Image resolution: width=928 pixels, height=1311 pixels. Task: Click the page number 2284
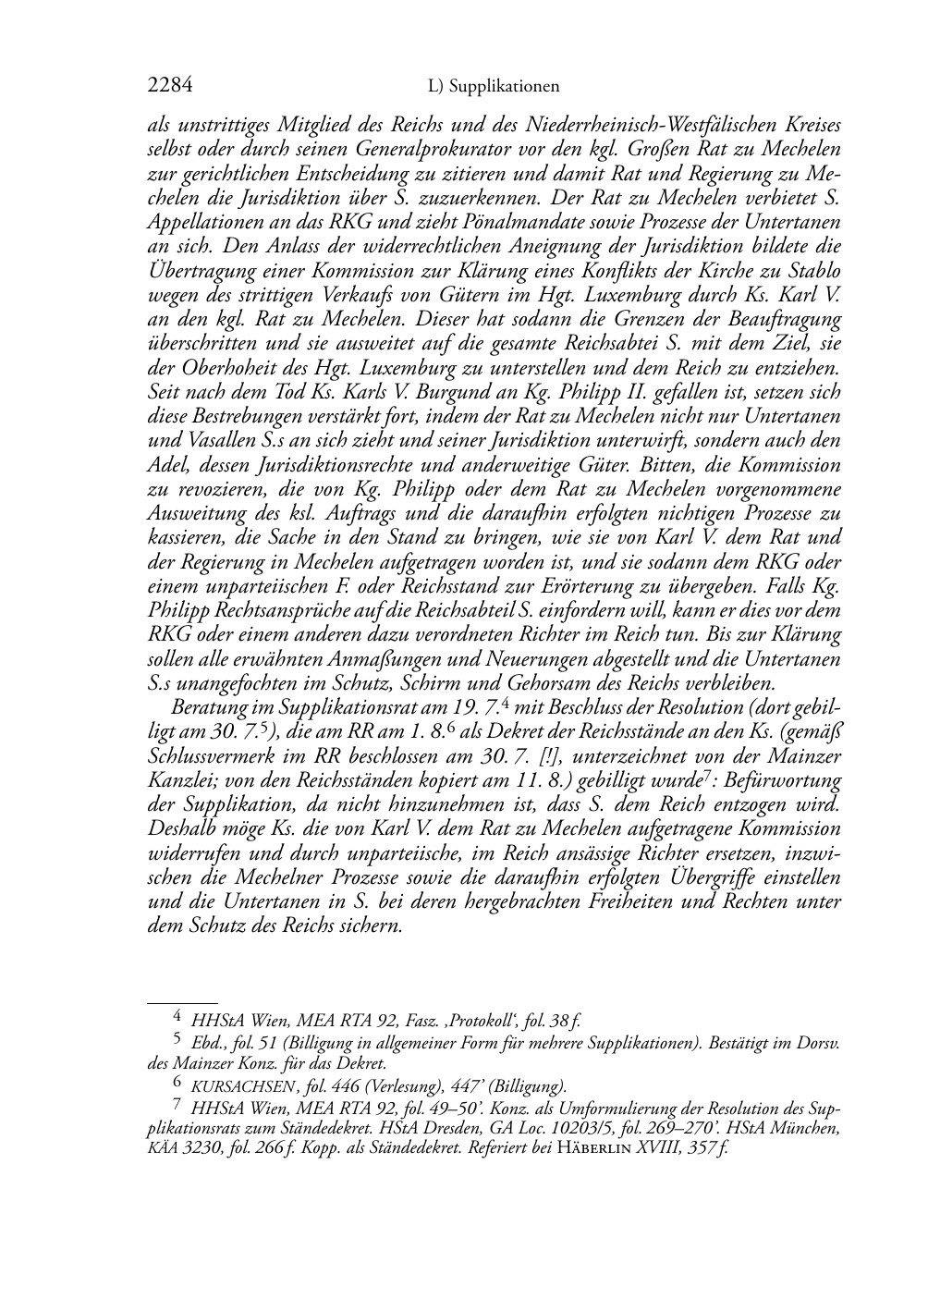[x=170, y=86]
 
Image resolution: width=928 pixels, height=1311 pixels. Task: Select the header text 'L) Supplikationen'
[x=495, y=87]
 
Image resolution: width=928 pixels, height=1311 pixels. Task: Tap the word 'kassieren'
[x=188, y=537]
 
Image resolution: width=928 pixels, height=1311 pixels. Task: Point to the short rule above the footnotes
[x=182, y=1001]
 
